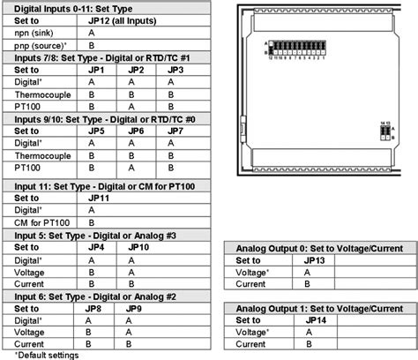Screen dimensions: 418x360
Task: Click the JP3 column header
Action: [175, 70]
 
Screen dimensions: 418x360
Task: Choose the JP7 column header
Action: [175, 130]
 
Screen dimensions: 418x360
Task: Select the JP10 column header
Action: [138, 247]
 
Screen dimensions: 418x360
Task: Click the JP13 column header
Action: [315, 262]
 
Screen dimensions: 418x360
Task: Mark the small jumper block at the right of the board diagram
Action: [384, 131]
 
